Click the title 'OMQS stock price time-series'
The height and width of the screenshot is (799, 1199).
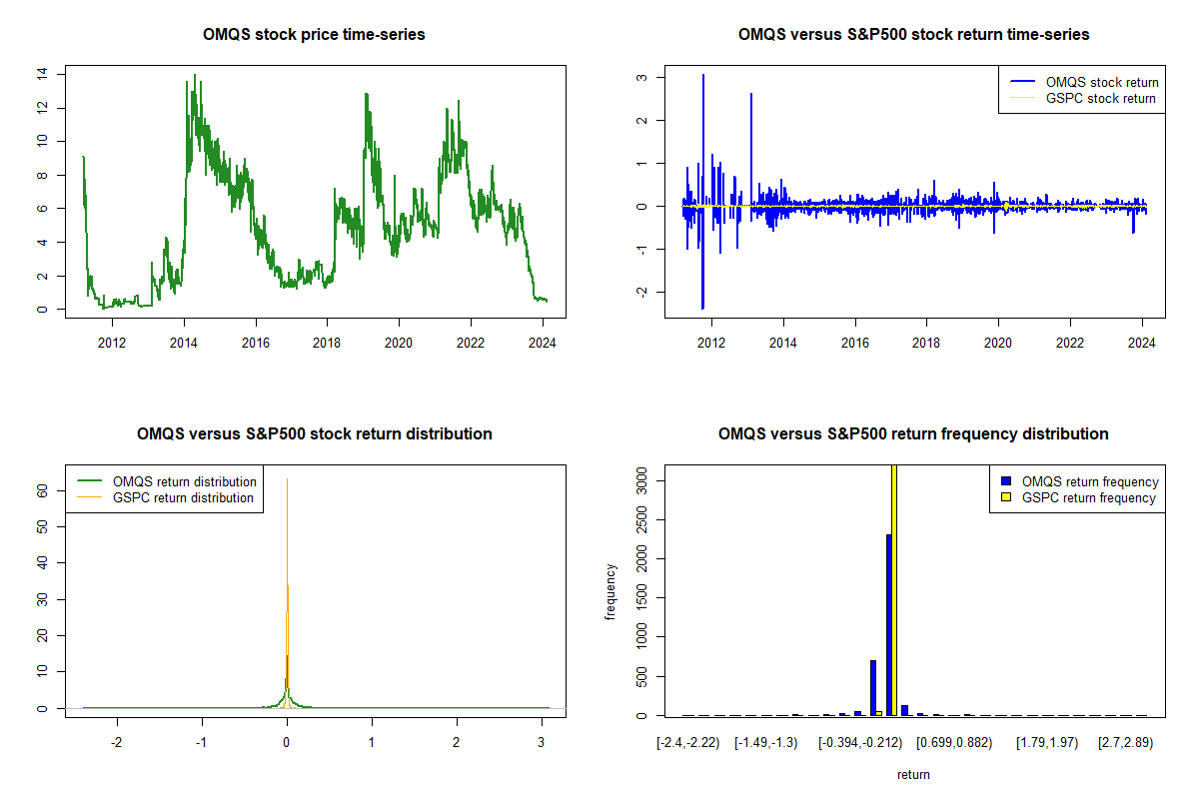[314, 35]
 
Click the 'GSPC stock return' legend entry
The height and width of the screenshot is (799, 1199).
[1100, 98]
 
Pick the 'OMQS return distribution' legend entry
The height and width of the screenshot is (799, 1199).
[185, 481]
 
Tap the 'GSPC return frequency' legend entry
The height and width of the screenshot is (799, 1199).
[1088, 497]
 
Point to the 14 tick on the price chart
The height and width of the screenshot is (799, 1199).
[41, 74]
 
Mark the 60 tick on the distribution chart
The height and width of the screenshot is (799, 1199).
[41, 490]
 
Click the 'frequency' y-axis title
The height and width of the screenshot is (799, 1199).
[610, 591]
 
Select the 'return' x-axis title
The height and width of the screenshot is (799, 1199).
[913, 774]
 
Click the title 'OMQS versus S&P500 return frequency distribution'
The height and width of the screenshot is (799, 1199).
[913, 434]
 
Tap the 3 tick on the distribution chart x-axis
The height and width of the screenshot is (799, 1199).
[542, 743]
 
